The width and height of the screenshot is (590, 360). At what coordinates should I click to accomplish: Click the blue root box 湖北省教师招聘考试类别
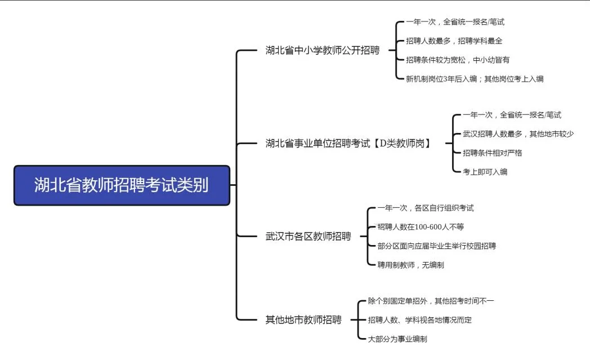[122, 185]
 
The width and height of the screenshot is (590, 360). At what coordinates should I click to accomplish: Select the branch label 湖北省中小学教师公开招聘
[322, 50]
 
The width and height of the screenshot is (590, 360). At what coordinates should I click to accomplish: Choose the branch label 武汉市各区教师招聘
[308, 236]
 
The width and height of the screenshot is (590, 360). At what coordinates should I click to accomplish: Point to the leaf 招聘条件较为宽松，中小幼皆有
[457, 60]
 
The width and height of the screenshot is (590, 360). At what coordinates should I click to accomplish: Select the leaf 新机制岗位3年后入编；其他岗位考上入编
[475, 79]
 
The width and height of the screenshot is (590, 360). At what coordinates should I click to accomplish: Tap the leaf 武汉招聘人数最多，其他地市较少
[518, 134]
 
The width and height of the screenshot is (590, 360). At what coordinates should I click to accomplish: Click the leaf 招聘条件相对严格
[492, 153]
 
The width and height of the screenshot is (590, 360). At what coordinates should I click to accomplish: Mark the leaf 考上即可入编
[485, 172]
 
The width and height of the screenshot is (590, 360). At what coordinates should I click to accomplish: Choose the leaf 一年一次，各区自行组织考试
[426, 208]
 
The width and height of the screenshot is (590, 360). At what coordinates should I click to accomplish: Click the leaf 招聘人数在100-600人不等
[421, 227]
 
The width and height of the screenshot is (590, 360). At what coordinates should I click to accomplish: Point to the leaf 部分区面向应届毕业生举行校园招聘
[437, 246]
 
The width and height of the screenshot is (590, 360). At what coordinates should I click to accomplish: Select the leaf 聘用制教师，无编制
[410, 265]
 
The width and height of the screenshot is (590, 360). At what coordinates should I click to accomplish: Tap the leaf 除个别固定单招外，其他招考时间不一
[431, 301]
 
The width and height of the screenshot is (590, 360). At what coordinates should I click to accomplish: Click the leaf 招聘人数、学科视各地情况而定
[419, 320]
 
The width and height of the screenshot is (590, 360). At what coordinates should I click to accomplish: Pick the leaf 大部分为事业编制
[397, 339]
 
